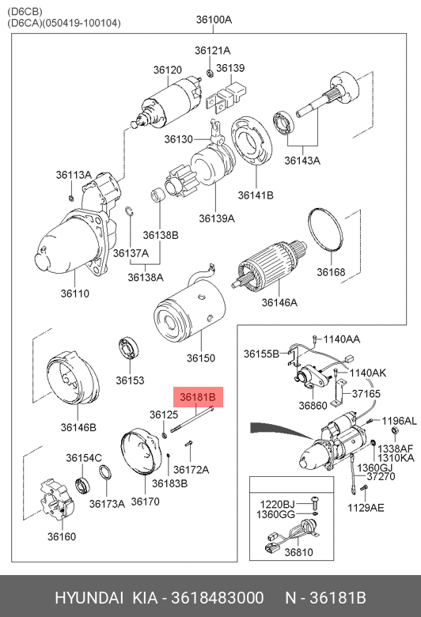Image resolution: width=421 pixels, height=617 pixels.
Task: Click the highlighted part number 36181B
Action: tap(198, 397)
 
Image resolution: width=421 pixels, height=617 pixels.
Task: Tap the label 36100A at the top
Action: tap(214, 19)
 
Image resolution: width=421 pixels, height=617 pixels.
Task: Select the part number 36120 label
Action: tap(168, 70)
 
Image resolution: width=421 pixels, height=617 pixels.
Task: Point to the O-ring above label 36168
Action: tap(326, 229)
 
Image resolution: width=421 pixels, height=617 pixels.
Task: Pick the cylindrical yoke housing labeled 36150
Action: tap(190, 308)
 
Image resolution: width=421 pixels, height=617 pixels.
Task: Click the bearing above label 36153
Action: tap(129, 348)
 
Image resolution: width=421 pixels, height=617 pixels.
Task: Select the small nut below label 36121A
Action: tap(210, 73)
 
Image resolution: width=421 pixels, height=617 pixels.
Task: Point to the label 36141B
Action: tap(256, 195)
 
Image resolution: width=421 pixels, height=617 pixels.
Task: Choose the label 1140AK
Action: tap(368, 373)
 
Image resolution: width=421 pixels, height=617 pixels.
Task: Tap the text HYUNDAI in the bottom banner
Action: tap(89, 598)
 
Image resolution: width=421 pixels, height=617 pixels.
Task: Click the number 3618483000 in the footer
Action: tap(218, 598)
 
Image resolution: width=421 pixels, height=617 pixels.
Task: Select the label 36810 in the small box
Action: tap(299, 552)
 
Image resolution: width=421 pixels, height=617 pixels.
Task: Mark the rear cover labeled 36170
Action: tap(141, 452)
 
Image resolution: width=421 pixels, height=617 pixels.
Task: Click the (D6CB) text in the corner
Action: tap(25, 11)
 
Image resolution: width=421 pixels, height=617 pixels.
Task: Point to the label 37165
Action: tap(366, 393)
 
